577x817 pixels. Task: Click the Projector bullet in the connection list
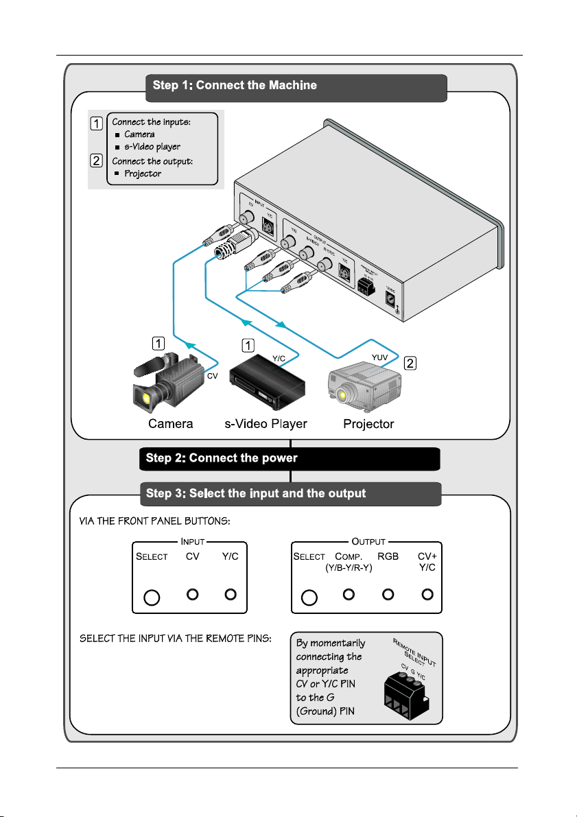[143, 174]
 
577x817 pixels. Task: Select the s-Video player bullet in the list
[152, 147]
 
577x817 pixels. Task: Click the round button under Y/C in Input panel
[231, 594]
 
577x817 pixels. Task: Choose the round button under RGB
[388, 594]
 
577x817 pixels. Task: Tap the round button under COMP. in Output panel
[349, 594]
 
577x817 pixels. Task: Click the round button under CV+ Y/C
[428, 594]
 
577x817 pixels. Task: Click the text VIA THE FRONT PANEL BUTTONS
[154, 522]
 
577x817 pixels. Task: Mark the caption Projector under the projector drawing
[368, 424]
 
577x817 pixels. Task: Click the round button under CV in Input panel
[193, 594]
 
